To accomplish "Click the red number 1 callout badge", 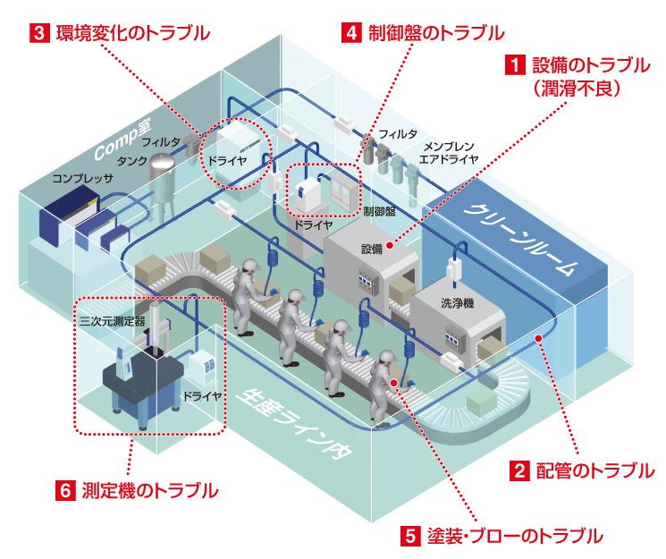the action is [515, 65].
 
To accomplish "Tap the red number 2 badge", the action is [520, 471].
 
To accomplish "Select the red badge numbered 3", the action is [39, 33].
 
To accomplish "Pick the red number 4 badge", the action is [351, 33].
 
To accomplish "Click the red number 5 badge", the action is [410, 536].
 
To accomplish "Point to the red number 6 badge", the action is [65, 490].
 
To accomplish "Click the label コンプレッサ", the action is [83, 179].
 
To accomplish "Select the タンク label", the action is [132, 161].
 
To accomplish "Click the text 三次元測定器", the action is [113, 321].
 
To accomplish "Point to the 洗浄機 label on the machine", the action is [457, 303].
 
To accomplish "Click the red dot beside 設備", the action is [390, 245].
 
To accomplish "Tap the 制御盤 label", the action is [379, 211].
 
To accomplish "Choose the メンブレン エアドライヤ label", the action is [449, 153].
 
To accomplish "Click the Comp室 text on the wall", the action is [123, 139].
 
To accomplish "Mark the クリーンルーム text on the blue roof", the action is [520, 240].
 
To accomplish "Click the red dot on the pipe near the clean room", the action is [538, 338].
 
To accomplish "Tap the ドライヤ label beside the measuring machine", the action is [202, 396].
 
